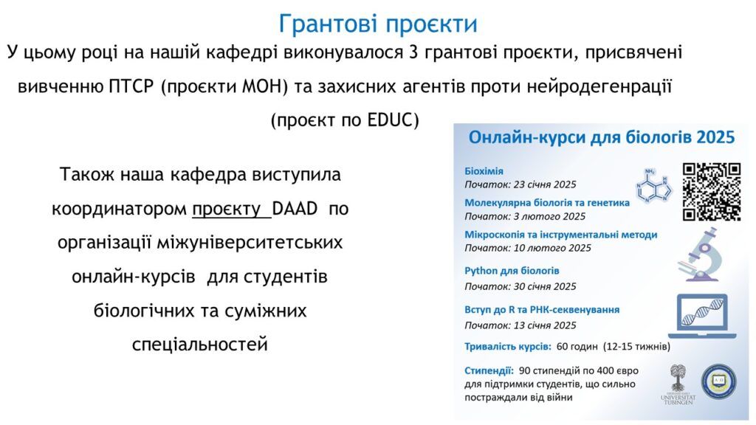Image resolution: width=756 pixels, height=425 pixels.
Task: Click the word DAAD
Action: click(x=295, y=209)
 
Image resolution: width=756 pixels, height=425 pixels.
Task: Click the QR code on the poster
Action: click(x=712, y=192)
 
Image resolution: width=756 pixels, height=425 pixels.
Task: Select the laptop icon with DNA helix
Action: click(x=702, y=316)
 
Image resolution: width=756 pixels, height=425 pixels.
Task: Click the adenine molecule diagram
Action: click(x=653, y=185)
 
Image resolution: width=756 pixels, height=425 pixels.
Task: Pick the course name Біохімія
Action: click(x=484, y=171)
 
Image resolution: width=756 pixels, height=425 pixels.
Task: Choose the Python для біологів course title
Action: click(x=512, y=271)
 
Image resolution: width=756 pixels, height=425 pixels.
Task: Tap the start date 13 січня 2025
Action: click(x=545, y=325)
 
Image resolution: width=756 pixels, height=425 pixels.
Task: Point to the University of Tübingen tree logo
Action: click(x=678, y=384)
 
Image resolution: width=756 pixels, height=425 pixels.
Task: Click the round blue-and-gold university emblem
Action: click(x=718, y=381)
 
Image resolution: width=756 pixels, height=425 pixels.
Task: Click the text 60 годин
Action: click(x=577, y=347)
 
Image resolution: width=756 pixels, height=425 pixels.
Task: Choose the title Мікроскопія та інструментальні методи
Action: click(x=561, y=235)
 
